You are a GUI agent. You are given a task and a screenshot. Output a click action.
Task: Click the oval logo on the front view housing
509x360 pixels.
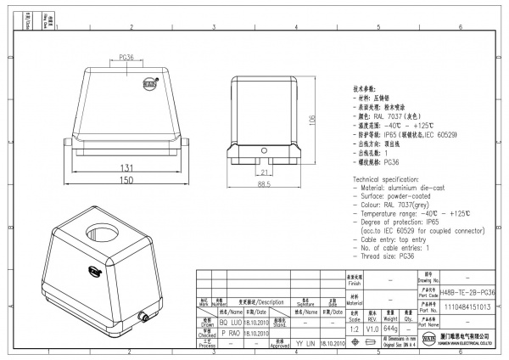coord(149,84)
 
